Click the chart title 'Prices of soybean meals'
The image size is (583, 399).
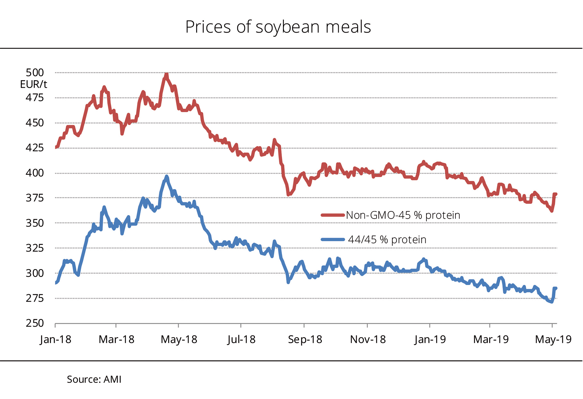click(x=278, y=27)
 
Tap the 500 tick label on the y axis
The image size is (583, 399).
click(x=35, y=73)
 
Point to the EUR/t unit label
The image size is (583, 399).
click(x=34, y=84)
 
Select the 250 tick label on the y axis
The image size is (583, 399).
click(x=35, y=323)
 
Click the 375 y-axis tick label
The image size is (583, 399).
click(x=35, y=198)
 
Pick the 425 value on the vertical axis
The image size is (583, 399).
click(x=35, y=148)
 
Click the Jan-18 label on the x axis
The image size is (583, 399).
click(x=56, y=339)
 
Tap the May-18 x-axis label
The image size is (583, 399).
click(x=179, y=339)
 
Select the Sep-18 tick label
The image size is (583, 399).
click(x=305, y=339)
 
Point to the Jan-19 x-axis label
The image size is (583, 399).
click(x=430, y=339)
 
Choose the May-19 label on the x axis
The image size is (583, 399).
click(x=553, y=339)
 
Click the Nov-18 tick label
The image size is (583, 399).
click(x=368, y=339)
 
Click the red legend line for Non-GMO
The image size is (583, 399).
click(x=332, y=215)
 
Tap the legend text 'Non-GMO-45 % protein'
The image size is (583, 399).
click(x=403, y=215)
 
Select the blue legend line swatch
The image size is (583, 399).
click(x=332, y=240)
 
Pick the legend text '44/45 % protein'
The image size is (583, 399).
click(x=387, y=240)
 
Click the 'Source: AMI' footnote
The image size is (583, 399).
click(x=94, y=379)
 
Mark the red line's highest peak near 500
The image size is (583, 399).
click(x=166, y=75)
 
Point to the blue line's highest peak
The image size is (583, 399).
click(x=167, y=176)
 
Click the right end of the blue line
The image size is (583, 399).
click(x=556, y=288)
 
